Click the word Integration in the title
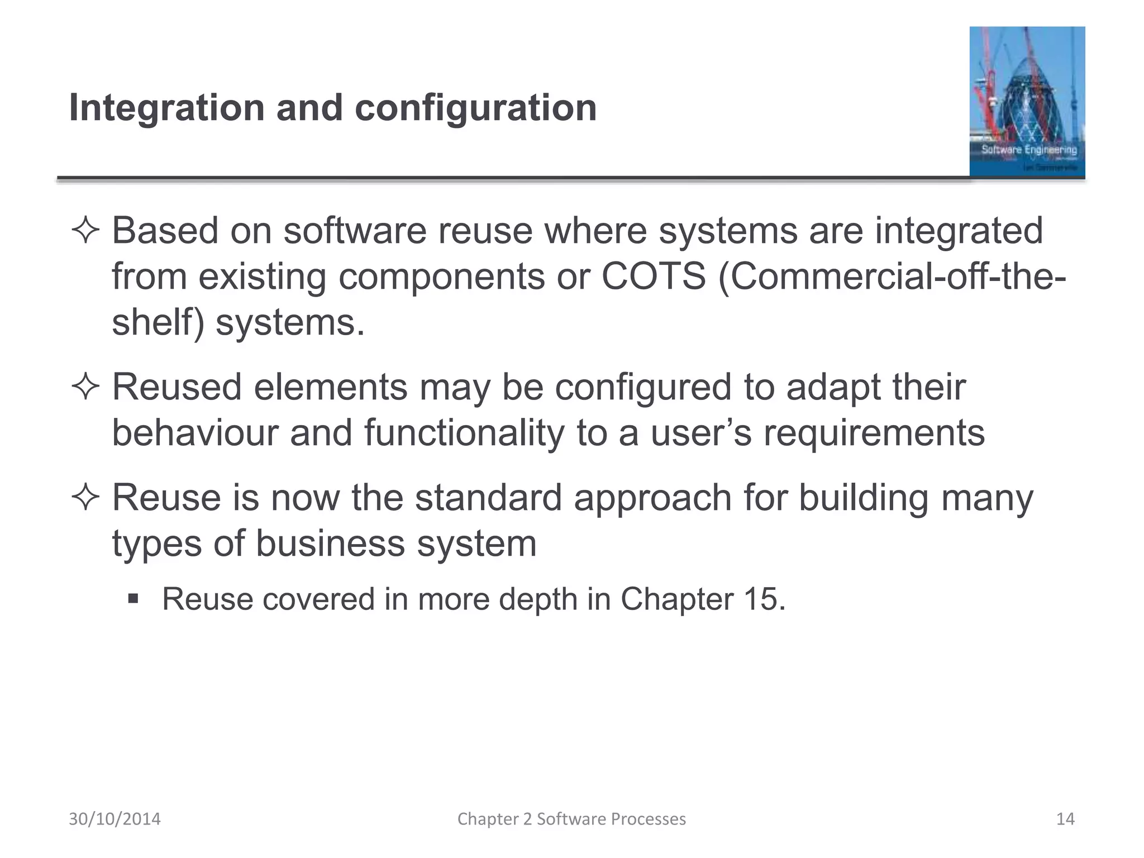point(166,108)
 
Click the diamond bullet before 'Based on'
point(85,231)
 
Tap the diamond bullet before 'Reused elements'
point(85,388)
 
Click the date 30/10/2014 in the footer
point(115,819)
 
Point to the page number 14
point(1065,819)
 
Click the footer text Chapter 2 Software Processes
point(571,819)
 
